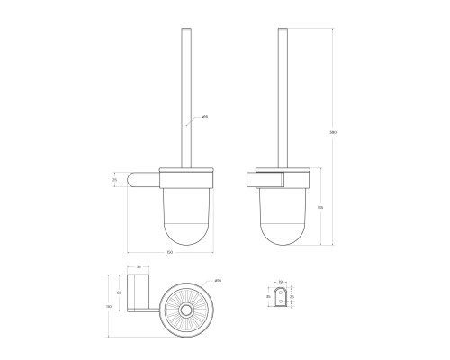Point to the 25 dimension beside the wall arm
click(115, 179)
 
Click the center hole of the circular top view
click(187, 311)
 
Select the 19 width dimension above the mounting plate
click(280, 281)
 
